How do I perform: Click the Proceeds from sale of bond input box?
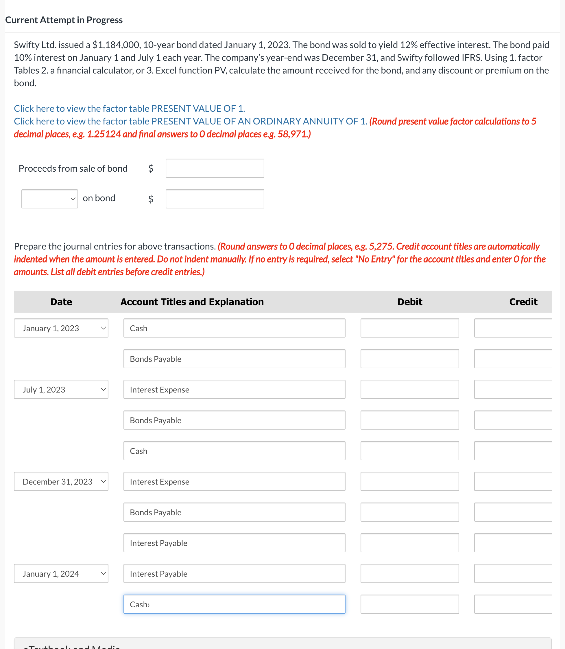click(215, 168)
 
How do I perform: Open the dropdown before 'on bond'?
click(49, 199)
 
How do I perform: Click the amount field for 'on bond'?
click(215, 199)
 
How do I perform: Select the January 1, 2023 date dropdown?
click(61, 328)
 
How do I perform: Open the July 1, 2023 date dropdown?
click(61, 389)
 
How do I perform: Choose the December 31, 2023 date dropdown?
click(61, 481)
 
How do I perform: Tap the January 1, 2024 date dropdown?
click(61, 573)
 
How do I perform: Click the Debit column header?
click(409, 302)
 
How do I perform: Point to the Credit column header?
click(523, 302)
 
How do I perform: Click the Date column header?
click(61, 302)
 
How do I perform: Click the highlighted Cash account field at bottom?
click(234, 604)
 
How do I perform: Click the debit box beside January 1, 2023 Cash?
click(409, 328)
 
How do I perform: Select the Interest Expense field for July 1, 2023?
click(234, 389)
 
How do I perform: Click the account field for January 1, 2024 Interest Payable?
click(234, 573)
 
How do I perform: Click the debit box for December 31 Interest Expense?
click(409, 481)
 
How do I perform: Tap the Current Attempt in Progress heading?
click(64, 20)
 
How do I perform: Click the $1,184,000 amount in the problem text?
click(116, 45)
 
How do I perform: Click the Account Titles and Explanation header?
click(192, 302)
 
